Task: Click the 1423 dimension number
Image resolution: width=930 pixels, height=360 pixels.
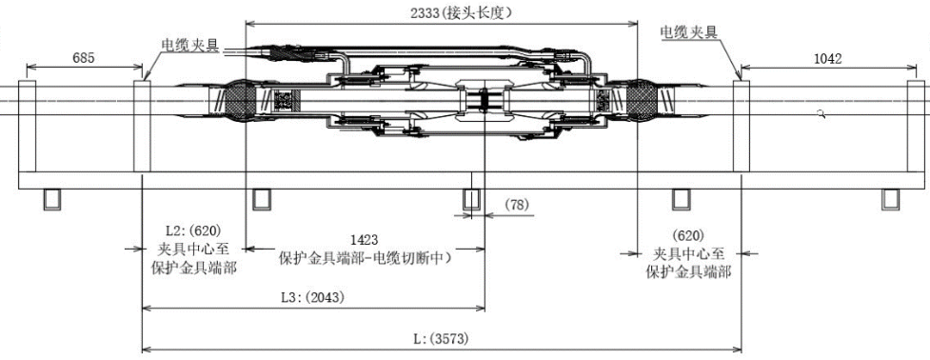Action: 365,240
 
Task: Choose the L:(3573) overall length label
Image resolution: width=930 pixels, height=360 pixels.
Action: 442,339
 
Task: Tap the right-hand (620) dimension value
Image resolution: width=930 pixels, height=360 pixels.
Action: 688,235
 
